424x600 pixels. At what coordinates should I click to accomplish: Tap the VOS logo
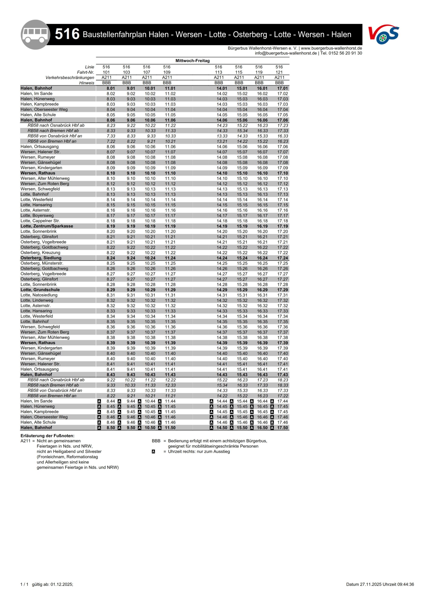point(383,34)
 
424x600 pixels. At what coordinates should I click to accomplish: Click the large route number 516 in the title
point(67,34)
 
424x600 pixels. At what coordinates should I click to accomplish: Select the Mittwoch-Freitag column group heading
point(192,61)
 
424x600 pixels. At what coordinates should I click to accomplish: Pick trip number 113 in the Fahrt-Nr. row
point(218,72)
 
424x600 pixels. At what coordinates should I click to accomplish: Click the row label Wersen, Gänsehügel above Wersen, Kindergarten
point(41,162)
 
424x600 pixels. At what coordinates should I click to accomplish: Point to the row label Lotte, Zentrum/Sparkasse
point(47,226)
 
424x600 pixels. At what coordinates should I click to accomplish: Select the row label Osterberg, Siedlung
point(41,258)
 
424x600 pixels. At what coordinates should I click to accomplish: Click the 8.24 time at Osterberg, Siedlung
point(111,258)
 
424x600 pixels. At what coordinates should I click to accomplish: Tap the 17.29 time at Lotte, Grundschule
point(282,290)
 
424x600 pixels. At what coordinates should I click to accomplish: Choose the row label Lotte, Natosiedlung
point(39,295)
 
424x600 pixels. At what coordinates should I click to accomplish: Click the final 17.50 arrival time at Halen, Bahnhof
point(282,427)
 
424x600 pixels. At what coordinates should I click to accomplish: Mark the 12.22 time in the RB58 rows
point(170,380)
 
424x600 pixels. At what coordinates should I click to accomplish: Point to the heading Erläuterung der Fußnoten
point(48,436)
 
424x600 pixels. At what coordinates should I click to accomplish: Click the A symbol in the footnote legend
point(154,452)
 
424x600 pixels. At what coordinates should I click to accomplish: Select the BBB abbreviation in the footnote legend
point(156,441)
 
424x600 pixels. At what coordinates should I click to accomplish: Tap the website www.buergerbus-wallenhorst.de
point(331,48)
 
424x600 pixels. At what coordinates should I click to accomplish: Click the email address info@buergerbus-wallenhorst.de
point(286,53)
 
